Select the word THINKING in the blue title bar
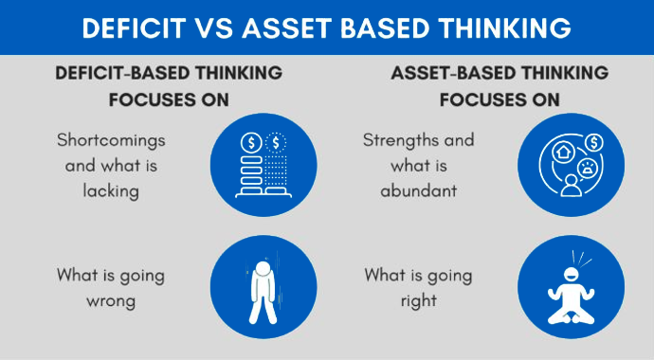[x=500, y=27]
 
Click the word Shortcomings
[x=111, y=139]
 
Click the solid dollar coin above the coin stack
[x=252, y=142]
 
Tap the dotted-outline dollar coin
[x=278, y=142]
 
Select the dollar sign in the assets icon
[x=593, y=142]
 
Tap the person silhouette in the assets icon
[x=571, y=183]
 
